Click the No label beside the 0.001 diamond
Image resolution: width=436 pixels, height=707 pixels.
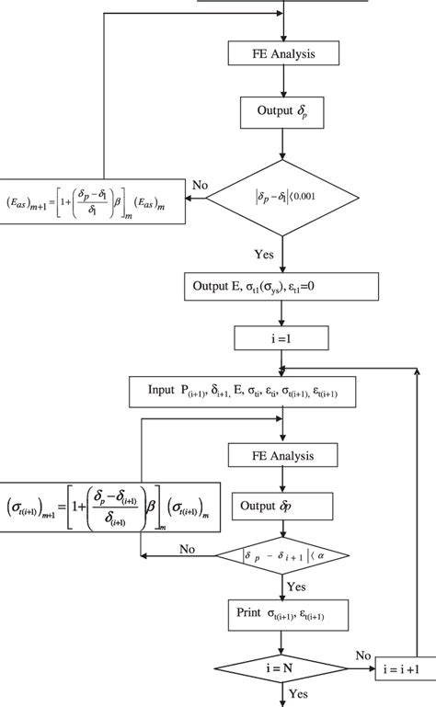[198, 186]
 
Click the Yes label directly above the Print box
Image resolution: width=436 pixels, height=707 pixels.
[296, 585]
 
